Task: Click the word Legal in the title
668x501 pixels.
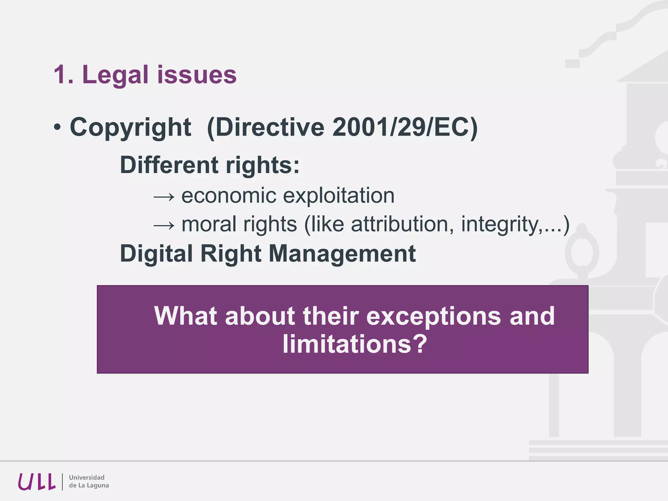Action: (115, 75)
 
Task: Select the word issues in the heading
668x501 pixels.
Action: (197, 75)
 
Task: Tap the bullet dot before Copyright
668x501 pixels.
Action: (57, 128)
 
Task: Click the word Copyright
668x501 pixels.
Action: (130, 128)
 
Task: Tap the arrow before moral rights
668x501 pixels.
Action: (164, 225)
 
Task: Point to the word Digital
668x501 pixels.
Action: (156, 254)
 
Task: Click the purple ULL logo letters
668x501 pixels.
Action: (37, 482)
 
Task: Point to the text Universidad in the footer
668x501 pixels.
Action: (87, 478)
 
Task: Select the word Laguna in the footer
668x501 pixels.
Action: (97, 486)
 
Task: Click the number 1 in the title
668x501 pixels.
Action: (59, 75)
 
